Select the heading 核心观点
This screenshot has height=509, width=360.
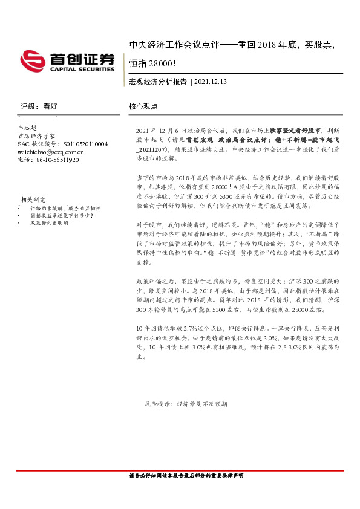143,106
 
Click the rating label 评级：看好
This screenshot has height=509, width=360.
39,106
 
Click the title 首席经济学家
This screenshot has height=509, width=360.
36,137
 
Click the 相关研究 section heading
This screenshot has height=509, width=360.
33,199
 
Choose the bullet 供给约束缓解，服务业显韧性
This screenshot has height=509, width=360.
65,207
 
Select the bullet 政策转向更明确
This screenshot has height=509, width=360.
49,222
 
